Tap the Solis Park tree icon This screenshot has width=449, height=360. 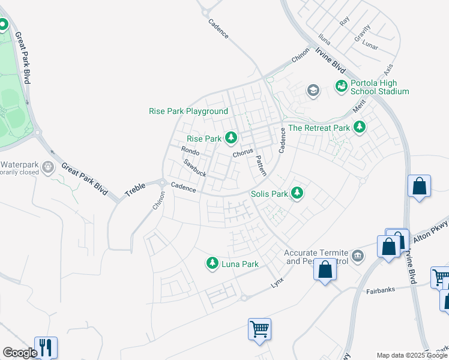click(297, 193)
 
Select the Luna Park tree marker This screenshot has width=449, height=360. click(212, 263)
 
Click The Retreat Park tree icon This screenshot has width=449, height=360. click(360, 127)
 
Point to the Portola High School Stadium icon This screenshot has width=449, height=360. click(342, 86)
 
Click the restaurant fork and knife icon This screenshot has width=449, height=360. click(46, 347)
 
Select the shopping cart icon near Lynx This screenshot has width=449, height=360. click(259, 329)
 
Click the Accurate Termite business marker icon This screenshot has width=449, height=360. click(358, 256)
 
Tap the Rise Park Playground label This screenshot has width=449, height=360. click(188, 112)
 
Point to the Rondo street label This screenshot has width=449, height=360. click(190, 151)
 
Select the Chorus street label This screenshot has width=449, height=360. click(243, 153)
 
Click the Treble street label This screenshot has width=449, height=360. click(135, 190)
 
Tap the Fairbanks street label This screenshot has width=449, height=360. click(380, 292)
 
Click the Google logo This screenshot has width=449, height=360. click(19, 353)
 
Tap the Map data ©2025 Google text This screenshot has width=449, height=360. click(412, 355)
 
